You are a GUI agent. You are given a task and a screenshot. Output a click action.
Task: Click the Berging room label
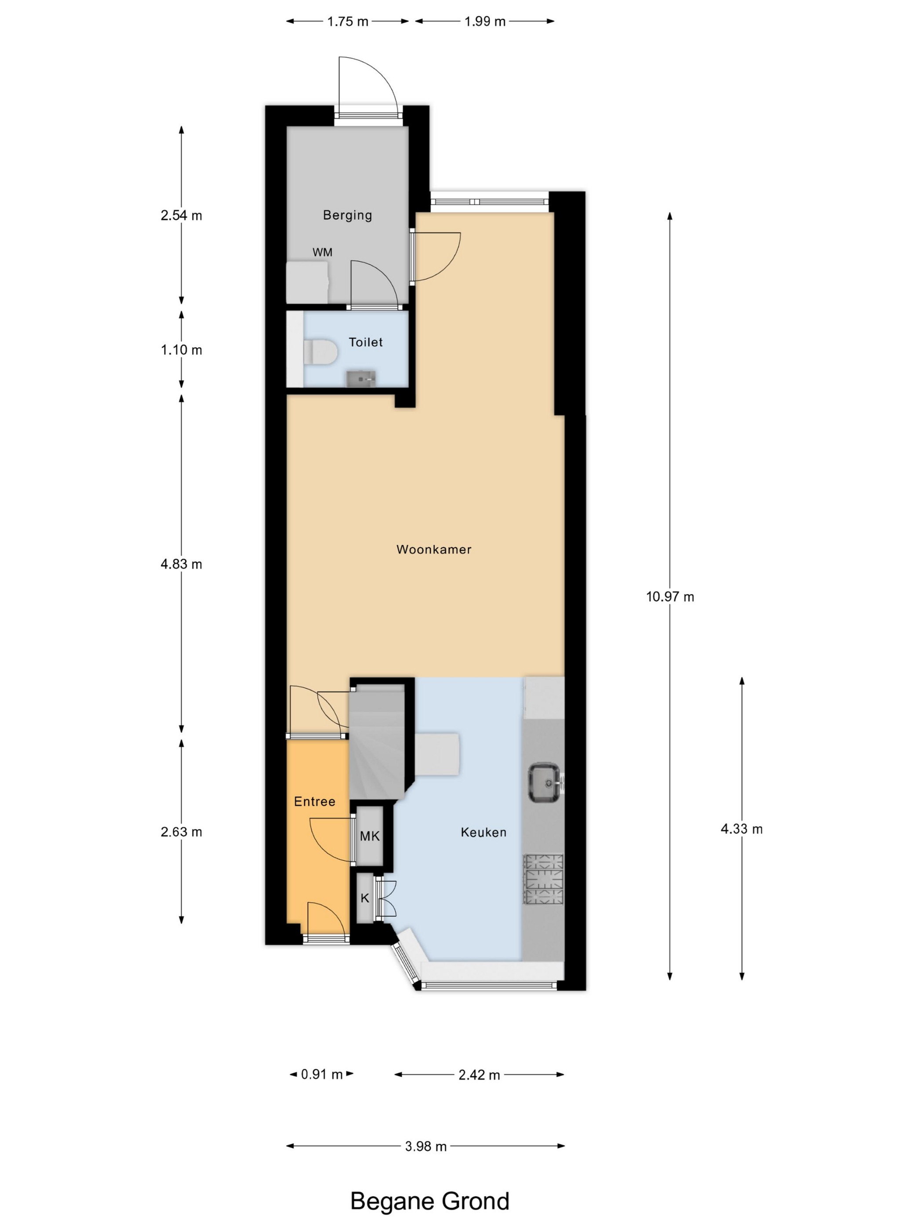click(x=347, y=215)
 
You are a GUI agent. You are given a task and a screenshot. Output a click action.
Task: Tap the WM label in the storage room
click(x=322, y=252)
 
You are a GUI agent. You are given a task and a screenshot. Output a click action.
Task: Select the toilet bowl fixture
click(x=320, y=353)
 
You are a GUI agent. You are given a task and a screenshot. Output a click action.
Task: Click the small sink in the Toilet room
click(x=361, y=379)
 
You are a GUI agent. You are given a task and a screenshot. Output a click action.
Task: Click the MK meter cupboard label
click(x=370, y=835)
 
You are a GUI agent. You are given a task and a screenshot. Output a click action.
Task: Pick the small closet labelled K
click(x=365, y=898)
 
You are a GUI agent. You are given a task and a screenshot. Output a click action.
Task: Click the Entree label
click(x=314, y=801)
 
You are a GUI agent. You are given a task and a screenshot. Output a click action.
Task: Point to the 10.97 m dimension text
click(x=670, y=597)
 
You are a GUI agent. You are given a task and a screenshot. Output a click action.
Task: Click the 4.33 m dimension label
click(x=741, y=829)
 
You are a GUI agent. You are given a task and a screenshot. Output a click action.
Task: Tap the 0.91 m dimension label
click(x=322, y=1074)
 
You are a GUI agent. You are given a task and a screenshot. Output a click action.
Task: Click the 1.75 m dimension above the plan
click(x=348, y=22)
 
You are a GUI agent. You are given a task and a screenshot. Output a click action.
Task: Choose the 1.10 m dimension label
click(x=182, y=350)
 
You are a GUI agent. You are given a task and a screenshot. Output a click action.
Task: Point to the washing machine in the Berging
click(x=307, y=282)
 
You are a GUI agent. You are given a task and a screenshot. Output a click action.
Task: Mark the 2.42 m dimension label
click(x=479, y=1074)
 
